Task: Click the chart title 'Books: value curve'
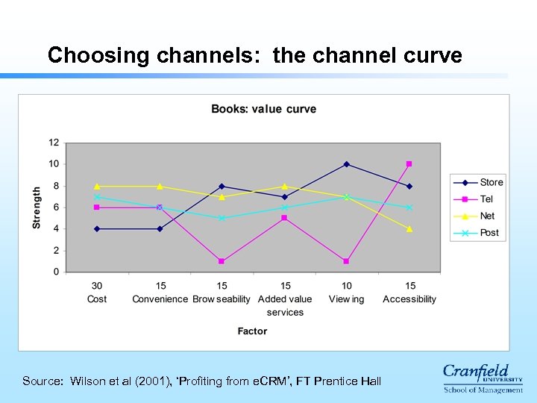coord(263,109)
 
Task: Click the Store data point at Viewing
coord(346,164)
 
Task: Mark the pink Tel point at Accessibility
coord(409,164)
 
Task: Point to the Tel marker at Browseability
coord(222,261)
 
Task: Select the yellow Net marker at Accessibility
coord(409,229)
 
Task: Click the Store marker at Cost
coord(97,229)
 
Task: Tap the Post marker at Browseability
coord(222,218)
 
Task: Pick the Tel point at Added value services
coord(284,218)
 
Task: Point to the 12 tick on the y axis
coord(54,143)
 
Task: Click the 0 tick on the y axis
coord(57,272)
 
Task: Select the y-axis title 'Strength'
coord(37,207)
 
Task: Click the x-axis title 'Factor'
coord(252,331)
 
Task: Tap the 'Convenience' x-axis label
coord(160,299)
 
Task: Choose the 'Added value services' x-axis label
coord(284,305)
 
